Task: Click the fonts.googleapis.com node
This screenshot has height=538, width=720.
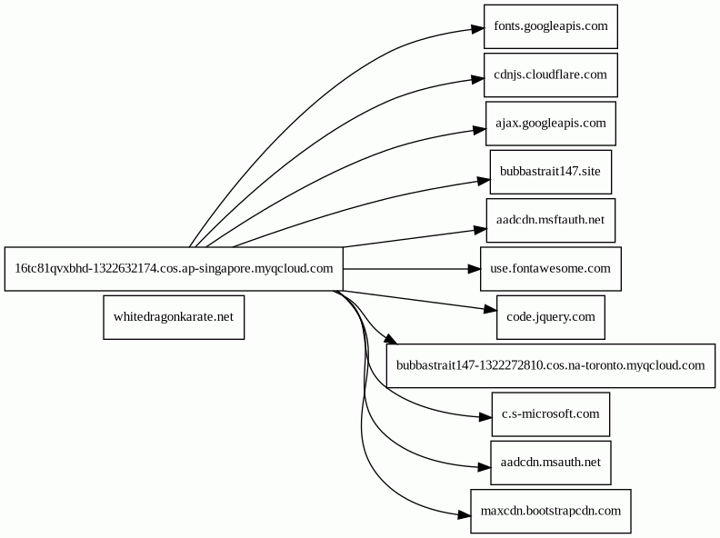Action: (x=551, y=26)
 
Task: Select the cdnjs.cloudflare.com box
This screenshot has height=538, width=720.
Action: (x=551, y=75)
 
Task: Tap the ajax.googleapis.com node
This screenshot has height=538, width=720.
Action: (x=551, y=124)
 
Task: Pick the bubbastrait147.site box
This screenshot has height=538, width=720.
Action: (x=551, y=172)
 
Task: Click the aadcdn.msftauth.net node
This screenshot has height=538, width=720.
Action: (x=551, y=220)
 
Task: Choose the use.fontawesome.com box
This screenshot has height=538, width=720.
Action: (x=551, y=268)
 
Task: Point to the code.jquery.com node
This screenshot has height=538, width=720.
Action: (x=551, y=317)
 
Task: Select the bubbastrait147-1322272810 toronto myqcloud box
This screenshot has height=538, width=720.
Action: (x=551, y=366)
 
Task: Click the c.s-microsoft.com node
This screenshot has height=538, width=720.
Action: (x=551, y=414)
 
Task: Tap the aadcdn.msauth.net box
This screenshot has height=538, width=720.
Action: (x=551, y=463)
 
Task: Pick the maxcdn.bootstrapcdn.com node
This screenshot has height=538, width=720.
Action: (x=551, y=512)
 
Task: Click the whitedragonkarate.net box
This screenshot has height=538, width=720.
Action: (x=174, y=317)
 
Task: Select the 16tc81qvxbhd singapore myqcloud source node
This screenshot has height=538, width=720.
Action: (x=174, y=268)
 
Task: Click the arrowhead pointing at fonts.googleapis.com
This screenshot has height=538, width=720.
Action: (x=477, y=29)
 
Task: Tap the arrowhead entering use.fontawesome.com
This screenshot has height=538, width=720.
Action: (x=474, y=268)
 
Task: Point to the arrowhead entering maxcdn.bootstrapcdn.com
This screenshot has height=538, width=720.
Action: (x=465, y=515)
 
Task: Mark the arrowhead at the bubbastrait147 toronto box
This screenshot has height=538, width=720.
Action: (x=390, y=339)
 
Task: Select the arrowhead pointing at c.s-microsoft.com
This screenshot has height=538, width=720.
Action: (x=485, y=417)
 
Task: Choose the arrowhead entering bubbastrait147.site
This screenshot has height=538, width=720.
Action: (x=484, y=181)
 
